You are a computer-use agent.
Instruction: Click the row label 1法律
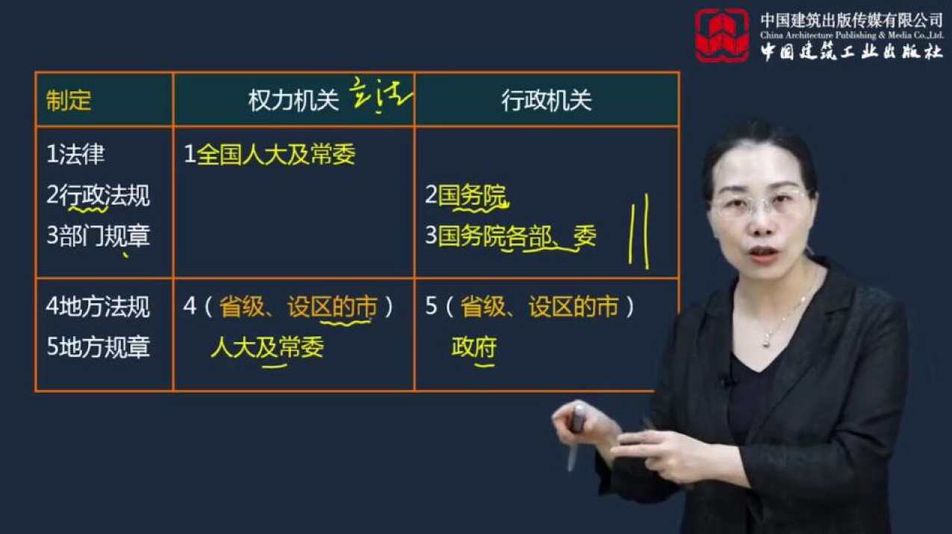pyautogui.click(x=75, y=155)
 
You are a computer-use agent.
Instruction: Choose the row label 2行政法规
pyautogui.click(x=98, y=196)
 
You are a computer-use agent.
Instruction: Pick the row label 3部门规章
pyautogui.click(x=98, y=236)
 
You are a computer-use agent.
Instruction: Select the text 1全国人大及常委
pyautogui.click(x=270, y=155)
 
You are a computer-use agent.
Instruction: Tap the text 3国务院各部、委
pyautogui.click(x=511, y=236)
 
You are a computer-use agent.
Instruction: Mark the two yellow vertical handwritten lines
pyautogui.click(x=638, y=231)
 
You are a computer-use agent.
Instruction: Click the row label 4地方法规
pyautogui.click(x=98, y=307)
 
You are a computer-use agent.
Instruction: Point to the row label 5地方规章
pyautogui.click(x=98, y=347)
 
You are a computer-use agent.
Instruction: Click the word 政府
pyautogui.click(x=474, y=347)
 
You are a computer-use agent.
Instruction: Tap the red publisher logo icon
pyautogui.click(x=721, y=35)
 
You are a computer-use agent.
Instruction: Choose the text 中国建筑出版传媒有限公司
pyautogui.click(x=851, y=20)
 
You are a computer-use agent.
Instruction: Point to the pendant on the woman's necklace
pyautogui.click(x=766, y=341)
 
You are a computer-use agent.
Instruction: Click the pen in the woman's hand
pyautogui.click(x=576, y=433)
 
